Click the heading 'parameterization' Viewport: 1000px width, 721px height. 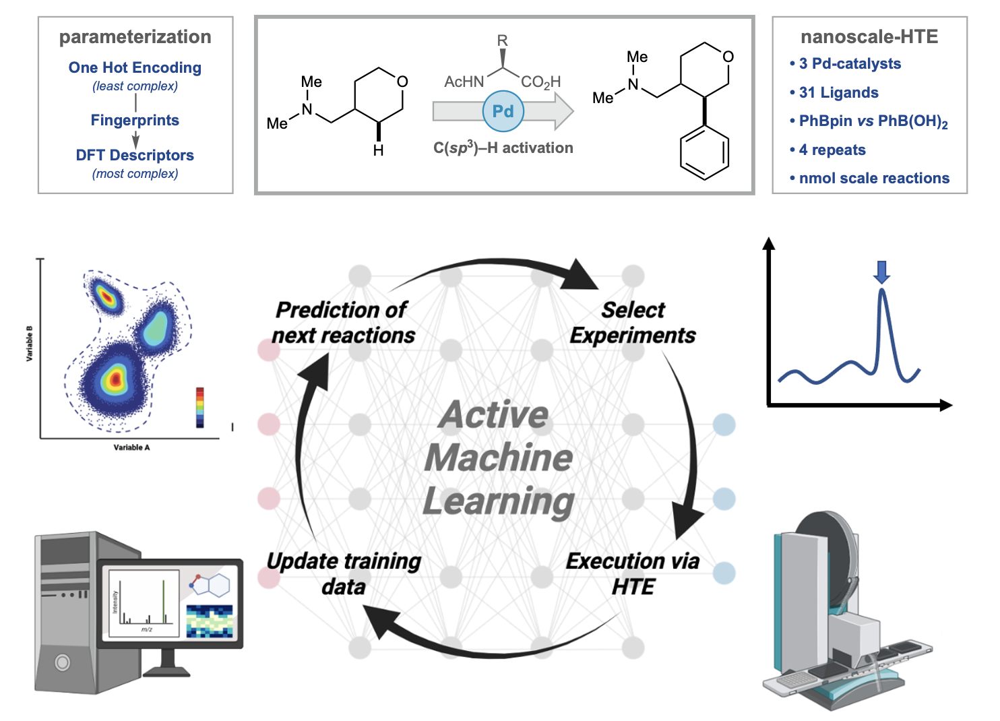135,37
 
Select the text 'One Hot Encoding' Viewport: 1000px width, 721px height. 135,67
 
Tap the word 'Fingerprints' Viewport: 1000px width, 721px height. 135,120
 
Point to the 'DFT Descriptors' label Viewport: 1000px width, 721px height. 135,155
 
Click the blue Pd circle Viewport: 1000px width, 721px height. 503,111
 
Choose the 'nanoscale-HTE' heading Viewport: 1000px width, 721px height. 869,37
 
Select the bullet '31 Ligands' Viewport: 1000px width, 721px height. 838,92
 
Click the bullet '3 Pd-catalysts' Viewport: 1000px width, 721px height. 849,63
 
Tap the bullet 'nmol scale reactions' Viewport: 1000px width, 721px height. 873,178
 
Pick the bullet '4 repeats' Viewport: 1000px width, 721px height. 832,150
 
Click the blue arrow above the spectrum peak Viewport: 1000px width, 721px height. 881,272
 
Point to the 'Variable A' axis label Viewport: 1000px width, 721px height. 131,447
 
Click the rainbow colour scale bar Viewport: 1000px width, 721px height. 199,407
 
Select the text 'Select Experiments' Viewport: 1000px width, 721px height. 633,323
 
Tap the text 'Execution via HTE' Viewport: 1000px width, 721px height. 633,573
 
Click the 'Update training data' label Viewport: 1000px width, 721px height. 344,573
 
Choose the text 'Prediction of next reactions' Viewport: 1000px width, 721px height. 343,323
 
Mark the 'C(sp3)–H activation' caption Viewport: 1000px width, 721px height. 503,148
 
